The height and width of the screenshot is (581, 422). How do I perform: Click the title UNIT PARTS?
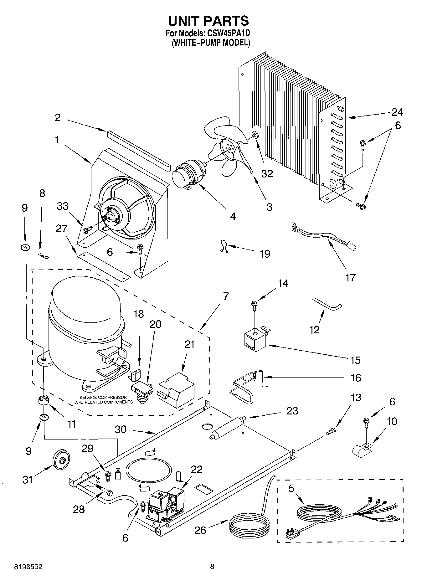point(208,21)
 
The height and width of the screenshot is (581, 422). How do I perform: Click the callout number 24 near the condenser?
point(397,112)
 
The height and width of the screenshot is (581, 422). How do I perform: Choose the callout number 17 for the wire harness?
point(350,277)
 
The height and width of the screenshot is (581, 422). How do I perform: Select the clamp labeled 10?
point(361,450)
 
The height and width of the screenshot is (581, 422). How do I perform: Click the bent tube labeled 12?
point(327,304)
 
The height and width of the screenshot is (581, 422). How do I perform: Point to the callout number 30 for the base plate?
point(120,429)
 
